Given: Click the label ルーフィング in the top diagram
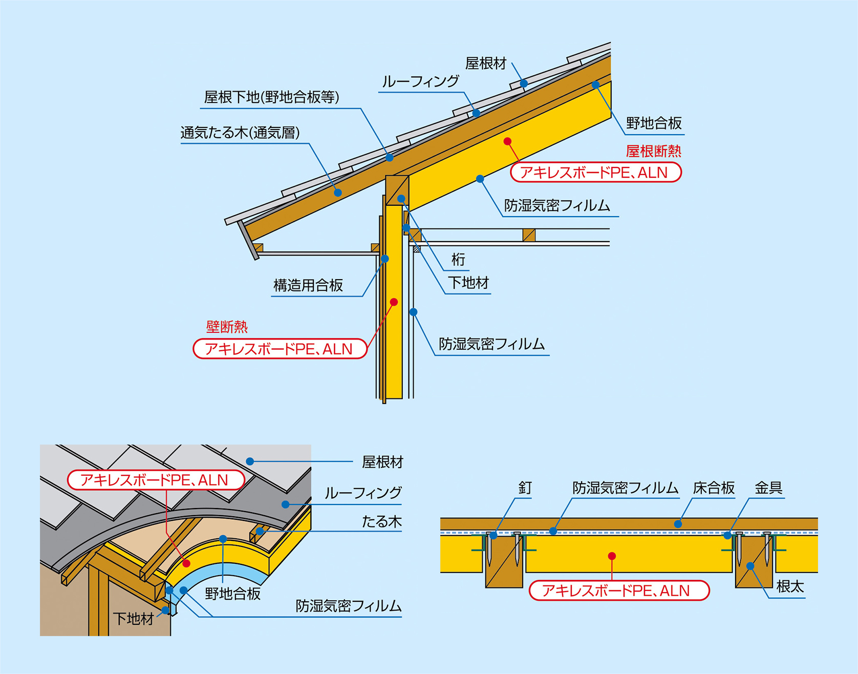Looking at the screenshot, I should click(x=420, y=81).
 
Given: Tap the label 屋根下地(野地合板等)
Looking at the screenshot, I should click(x=271, y=97).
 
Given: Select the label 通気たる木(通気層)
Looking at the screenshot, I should click(x=240, y=133).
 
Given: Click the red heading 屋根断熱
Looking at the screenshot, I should click(x=653, y=151).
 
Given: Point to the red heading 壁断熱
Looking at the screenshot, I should click(x=227, y=326).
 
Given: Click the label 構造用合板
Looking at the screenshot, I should click(x=308, y=285).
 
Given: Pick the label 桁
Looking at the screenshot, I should click(x=458, y=260).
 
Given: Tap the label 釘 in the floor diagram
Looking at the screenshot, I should click(x=525, y=488).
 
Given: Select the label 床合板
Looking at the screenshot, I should click(x=714, y=488).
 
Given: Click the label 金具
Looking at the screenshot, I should click(x=768, y=488).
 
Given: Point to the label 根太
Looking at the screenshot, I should click(x=790, y=586).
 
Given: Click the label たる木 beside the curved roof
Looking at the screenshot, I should click(x=381, y=522).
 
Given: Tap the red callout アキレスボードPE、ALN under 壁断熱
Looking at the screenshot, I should click(x=280, y=349).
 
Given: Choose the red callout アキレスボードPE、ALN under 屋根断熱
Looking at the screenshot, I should click(x=595, y=173).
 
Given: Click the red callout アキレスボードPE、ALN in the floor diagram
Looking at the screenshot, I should click(x=618, y=591).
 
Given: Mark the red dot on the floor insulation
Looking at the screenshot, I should click(x=612, y=556).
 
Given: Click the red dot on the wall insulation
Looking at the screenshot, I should click(x=394, y=302).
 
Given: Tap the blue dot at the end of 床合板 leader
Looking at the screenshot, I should click(x=678, y=524).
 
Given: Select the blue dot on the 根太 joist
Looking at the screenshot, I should click(x=750, y=566).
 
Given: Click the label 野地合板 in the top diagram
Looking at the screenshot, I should click(x=654, y=123).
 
